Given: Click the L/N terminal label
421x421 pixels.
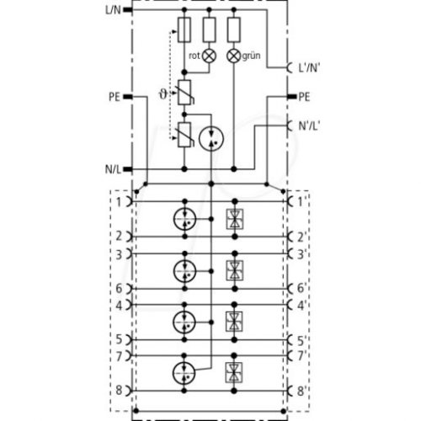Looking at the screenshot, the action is coord(113,10).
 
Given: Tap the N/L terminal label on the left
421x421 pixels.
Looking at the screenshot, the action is coord(113,169).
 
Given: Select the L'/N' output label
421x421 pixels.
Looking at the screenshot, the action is coord(309,67).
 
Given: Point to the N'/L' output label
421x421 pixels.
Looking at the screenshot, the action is coord(309,125).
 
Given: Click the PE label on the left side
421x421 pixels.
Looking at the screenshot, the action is coord(115,97).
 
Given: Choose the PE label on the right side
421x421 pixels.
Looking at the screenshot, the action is coord(304,97).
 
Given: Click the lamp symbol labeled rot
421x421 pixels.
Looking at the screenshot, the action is coord(210,56).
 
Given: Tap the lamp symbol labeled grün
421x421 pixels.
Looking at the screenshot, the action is coord(234,56).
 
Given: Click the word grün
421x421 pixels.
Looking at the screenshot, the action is coord(251,56).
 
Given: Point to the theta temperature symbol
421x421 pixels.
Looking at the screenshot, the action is coord(163,94).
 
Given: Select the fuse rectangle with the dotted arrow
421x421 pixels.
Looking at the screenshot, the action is coord(184,29).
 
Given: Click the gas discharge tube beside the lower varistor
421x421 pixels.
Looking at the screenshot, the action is coord(211,138).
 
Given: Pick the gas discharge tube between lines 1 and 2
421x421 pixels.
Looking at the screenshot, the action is coord(184,219).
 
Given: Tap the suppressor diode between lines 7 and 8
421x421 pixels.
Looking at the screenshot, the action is coord(234,373).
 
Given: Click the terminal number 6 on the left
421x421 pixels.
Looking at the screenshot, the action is coord(119,289).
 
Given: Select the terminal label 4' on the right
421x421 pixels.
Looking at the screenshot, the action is coord(301,306).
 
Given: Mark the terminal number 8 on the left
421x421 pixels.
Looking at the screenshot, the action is coord(119,390).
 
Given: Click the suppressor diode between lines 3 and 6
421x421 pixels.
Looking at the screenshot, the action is coord(235,271).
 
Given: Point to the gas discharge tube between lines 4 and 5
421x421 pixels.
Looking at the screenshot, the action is coord(184,322).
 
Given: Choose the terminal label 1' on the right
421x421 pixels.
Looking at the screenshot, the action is coord(301,202).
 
